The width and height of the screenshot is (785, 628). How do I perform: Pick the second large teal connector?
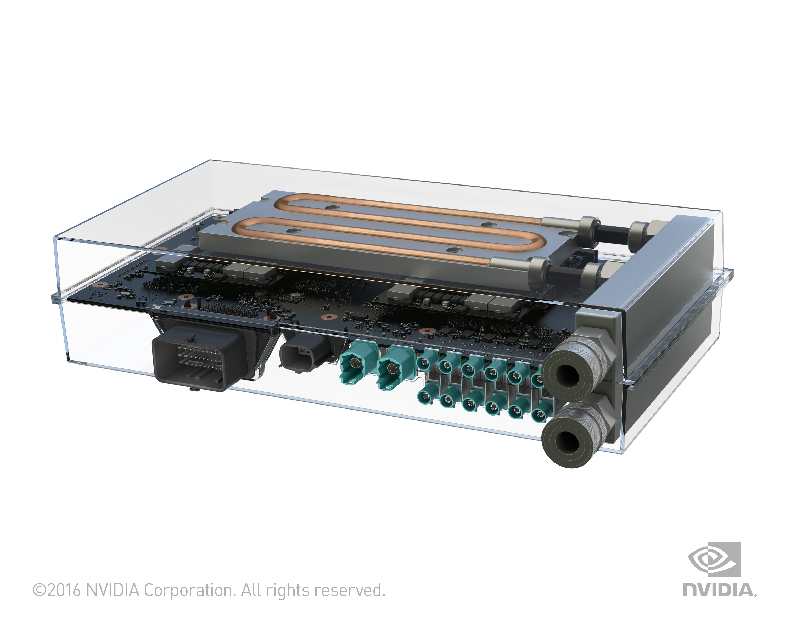point(393,368)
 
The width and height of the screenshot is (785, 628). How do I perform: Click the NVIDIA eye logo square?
point(714,559)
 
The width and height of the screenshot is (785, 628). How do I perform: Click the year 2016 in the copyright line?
point(64,590)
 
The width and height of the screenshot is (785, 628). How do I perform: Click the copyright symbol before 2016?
point(39,590)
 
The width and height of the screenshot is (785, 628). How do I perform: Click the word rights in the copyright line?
point(287,590)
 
